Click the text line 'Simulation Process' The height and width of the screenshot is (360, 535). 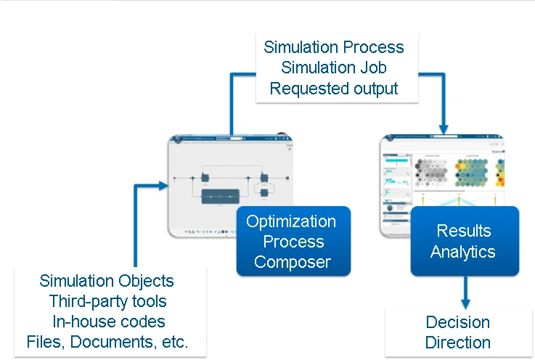334,47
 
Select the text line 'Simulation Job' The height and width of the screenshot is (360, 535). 334,68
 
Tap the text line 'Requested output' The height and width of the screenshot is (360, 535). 334,89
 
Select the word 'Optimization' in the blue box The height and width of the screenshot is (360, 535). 291,221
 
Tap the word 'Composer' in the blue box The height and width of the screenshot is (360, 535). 293,261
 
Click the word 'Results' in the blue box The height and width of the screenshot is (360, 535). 464,231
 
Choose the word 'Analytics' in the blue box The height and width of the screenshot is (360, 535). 463,252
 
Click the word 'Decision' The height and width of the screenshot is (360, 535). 458,322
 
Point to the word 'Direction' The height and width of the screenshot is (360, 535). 458,343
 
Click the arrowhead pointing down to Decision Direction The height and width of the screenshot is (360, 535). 465,299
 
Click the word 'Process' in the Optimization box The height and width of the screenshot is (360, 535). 293,242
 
